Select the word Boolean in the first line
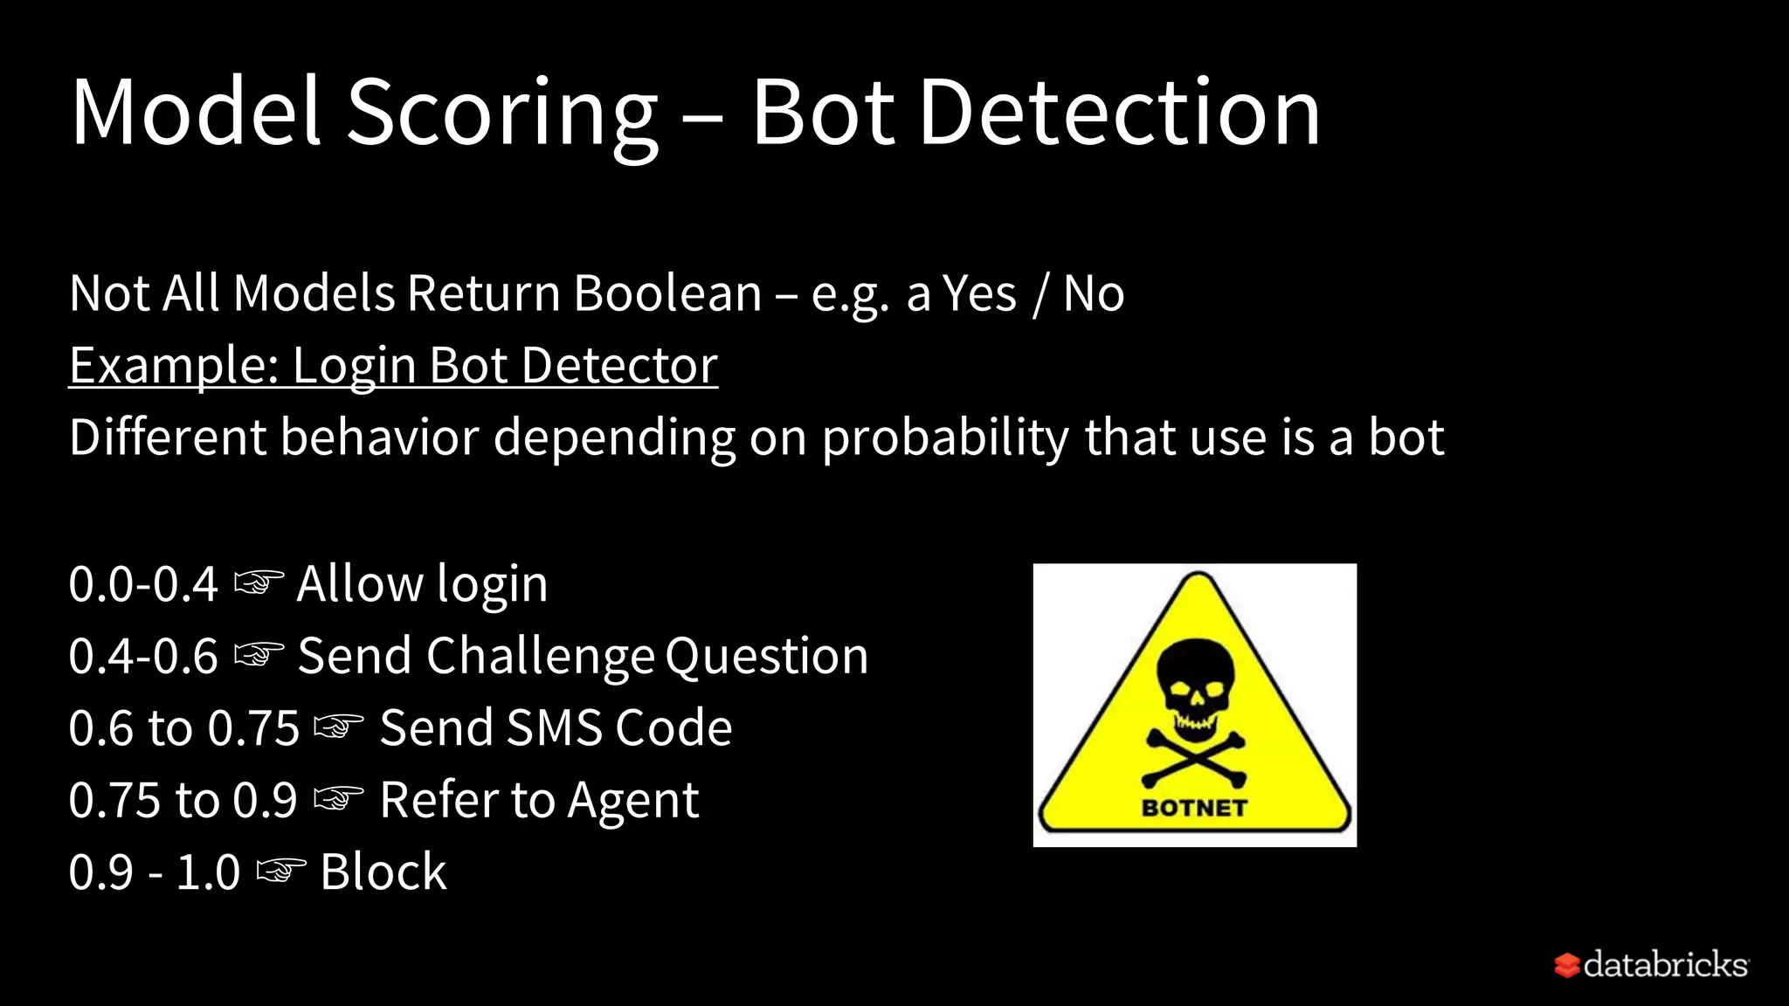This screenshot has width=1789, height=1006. tap(667, 293)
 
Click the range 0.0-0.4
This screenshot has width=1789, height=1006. tap(143, 584)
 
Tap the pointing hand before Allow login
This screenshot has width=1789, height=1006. tap(259, 582)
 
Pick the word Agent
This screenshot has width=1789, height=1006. tap(632, 800)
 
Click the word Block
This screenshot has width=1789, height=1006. tap(383, 872)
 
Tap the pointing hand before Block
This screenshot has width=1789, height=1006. tap(280, 871)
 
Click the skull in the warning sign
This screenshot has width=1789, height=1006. tap(1195, 684)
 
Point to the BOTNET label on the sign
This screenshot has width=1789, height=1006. tap(1194, 808)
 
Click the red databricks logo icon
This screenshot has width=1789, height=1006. tap(1567, 965)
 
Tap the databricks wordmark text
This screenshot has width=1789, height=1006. tap(1665, 965)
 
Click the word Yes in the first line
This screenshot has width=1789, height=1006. tap(980, 293)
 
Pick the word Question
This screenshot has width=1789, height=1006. tap(766, 656)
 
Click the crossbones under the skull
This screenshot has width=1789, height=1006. tap(1195, 757)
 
